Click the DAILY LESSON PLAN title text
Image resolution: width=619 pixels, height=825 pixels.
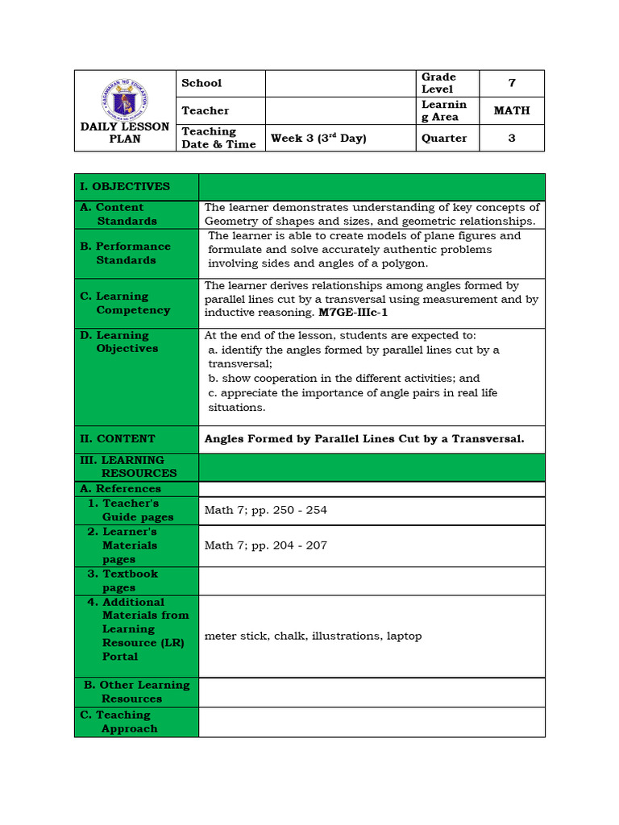click(x=125, y=133)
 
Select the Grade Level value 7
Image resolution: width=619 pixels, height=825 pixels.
click(x=511, y=83)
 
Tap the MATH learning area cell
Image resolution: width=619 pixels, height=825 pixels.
click(x=511, y=110)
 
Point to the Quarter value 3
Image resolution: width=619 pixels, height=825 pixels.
click(x=511, y=138)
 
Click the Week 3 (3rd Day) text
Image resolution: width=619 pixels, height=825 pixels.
click(x=318, y=138)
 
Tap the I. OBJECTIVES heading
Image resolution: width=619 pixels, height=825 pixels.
click(x=125, y=186)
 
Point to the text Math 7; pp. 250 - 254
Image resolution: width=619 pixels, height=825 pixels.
click(x=266, y=510)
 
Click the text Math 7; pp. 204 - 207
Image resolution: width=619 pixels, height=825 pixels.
click(x=266, y=545)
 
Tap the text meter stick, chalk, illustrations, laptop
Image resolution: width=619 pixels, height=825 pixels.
click(x=313, y=636)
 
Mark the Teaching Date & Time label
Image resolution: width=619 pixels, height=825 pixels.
click(x=218, y=138)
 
